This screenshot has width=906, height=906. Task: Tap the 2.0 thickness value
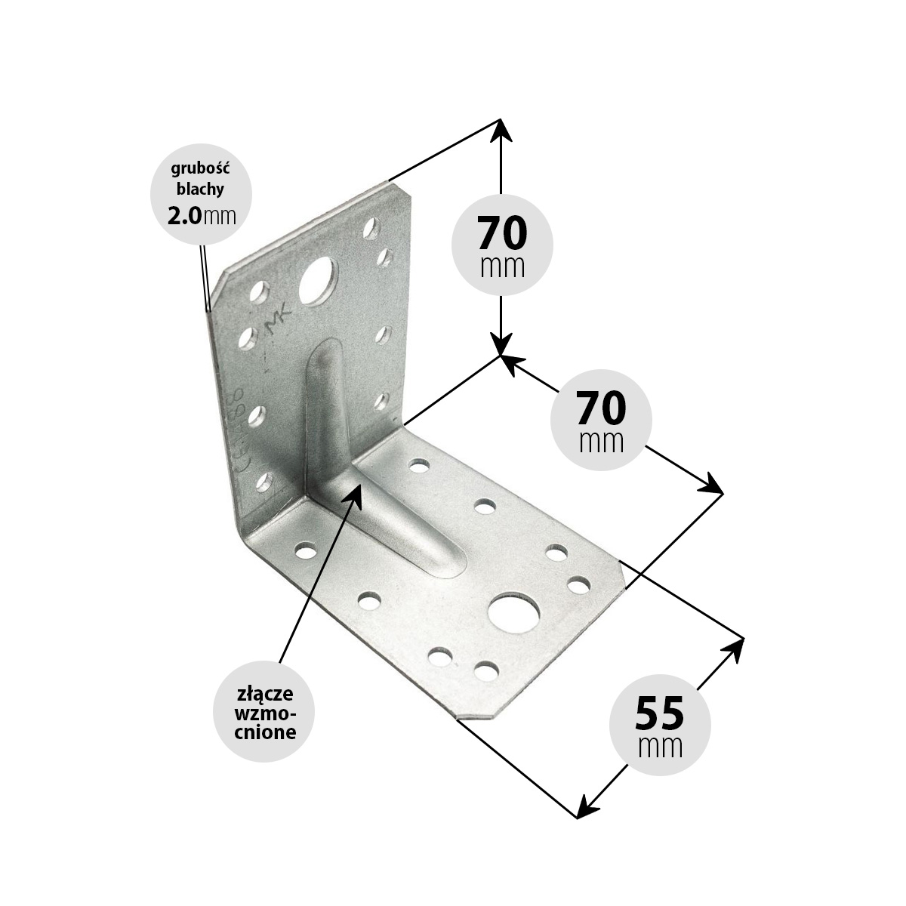184,217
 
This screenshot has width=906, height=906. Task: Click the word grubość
201,169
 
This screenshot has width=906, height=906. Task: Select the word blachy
200,190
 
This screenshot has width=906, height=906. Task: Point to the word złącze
264,694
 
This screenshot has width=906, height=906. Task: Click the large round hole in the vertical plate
319,282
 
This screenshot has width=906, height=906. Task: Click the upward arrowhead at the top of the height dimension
501,129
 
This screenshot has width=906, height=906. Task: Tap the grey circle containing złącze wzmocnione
263,712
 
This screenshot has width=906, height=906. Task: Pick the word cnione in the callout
265,732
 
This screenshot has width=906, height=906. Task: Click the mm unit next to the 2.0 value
220,217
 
